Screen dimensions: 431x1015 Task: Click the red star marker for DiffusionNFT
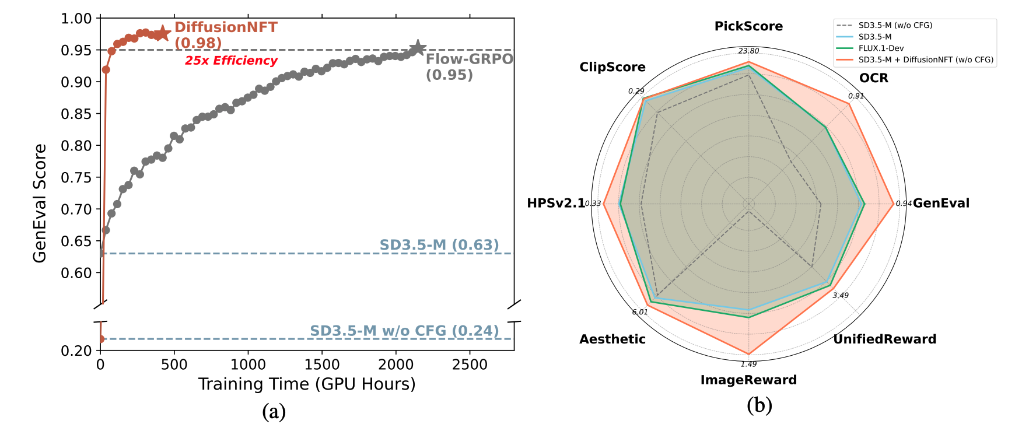[162, 33]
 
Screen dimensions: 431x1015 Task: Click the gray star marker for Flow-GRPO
[417, 48]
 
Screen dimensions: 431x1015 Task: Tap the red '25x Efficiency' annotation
[231, 61]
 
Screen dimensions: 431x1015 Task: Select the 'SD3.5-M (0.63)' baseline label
[439, 245]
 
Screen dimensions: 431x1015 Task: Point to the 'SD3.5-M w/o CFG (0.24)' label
[404, 331]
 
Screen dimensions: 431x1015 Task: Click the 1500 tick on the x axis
[322, 365]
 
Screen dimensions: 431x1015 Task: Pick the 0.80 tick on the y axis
[76, 146]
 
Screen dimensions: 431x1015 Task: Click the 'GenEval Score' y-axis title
[40, 203]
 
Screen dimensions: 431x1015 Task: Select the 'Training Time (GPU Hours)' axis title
[307, 384]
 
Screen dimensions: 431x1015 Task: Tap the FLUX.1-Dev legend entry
[881, 48]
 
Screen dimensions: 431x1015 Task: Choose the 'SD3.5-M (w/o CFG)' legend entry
[895, 26]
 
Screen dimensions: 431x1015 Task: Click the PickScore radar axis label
[748, 26]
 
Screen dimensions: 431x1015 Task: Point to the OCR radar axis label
[873, 78]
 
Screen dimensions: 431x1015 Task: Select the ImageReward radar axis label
[748, 380]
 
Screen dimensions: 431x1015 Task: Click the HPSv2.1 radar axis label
[555, 203]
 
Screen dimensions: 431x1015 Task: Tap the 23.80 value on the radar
[748, 51]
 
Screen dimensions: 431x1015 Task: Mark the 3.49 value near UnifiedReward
[840, 296]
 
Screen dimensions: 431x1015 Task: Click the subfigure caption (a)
[274, 412]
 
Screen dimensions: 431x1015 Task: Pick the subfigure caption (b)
[759, 405]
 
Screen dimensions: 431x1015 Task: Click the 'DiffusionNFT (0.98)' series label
[225, 35]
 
